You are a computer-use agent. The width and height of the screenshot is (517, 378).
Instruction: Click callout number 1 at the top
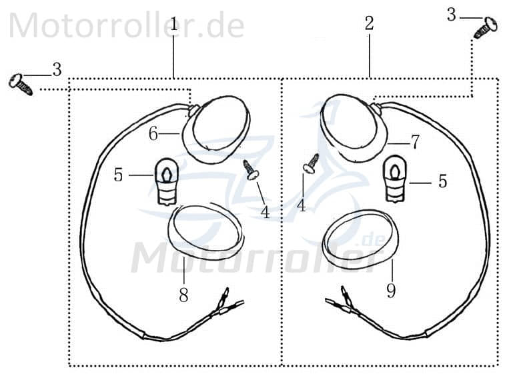coord(174,25)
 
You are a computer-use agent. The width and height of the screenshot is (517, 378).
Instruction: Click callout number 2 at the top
coord(369,24)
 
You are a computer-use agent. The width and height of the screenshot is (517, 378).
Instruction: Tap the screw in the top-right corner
coord(485,27)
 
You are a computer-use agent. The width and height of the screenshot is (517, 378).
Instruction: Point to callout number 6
coord(153,134)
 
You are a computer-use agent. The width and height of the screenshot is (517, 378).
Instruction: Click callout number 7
coord(414,141)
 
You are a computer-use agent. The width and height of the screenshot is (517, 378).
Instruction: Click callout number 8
coord(183,295)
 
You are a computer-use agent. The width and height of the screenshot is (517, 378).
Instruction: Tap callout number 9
coord(391,291)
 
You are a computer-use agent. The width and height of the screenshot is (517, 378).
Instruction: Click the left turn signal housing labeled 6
coord(215,129)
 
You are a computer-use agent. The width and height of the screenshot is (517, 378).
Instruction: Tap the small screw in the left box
coord(251,169)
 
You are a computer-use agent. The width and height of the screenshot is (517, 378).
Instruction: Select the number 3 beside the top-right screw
coord(452,15)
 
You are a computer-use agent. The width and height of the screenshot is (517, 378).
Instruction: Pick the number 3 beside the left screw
coord(57,69)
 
